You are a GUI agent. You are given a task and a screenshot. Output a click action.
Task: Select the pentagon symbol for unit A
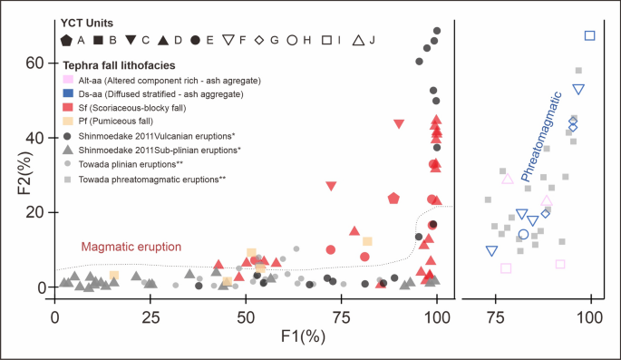coord(66,40)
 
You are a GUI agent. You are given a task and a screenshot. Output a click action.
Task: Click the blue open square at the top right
coord(590,35)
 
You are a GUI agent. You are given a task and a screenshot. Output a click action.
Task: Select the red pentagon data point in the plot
coord(394,198)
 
